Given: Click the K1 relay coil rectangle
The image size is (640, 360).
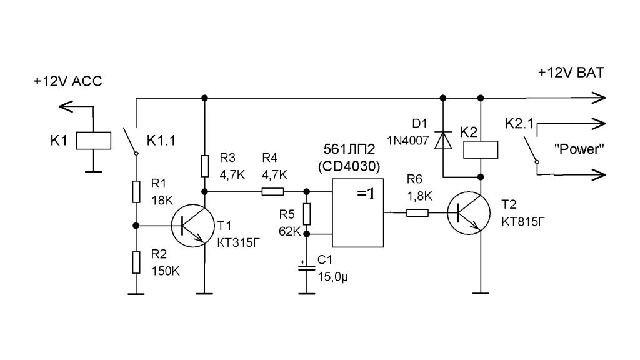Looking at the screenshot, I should (x=93, y=140).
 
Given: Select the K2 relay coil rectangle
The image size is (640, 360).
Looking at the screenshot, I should (x=481, y=149).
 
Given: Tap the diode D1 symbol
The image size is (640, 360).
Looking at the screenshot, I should (x=443, y=140).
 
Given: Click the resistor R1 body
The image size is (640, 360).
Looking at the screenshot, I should (x=136, y=192).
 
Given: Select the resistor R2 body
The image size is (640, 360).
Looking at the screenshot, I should (x=136, y=262).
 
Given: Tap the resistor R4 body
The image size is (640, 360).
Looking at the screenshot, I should (x=272, y=192).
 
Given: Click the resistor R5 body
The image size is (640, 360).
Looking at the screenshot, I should (x=307, y=214).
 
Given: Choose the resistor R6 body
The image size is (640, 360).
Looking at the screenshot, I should (x=417, y=212).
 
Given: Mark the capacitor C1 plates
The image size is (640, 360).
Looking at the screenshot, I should (x=307, y=267).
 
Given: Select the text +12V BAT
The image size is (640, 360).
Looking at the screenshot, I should (x=571, y=72).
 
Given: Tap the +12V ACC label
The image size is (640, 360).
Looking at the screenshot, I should (x=67, y=81).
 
